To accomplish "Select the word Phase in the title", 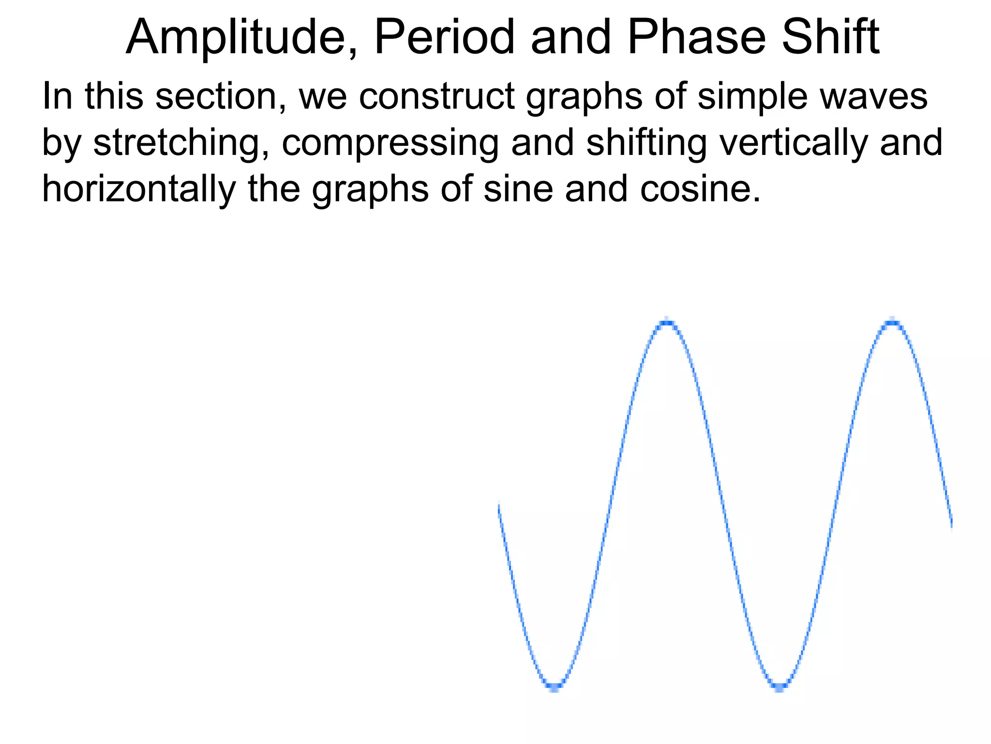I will tap(697, 38).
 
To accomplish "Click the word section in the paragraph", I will tap(221, 96).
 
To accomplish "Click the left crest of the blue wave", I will tap(667, 322).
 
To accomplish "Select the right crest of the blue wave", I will tap(892, 322).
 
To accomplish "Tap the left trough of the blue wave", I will tap(555, 685).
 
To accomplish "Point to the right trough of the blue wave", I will tap(779, 685).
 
